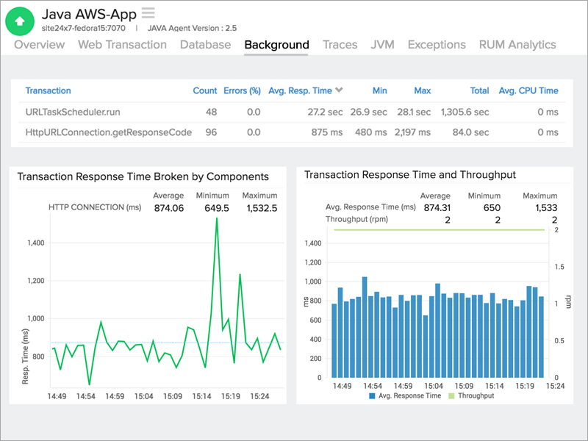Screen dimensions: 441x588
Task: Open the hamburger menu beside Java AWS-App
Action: pyautogui.click(x=148, y=12)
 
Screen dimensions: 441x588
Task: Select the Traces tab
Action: pyautogui.click(x=340, y=45)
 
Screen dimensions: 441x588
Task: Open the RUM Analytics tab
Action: pyautogui.click(x=517, y=45)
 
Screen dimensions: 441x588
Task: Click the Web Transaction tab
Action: pyautogui.click(x=122, y=45)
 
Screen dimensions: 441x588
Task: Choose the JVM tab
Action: pyautogui.click(x=382, y=45)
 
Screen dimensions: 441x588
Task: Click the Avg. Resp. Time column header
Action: pyautogui.click(x=300, y=91)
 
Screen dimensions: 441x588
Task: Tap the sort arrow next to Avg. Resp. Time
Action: pyautogui.click(x=339, y=91)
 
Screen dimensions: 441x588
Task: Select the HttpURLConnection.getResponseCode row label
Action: pyautogui.click(x=109, y=132)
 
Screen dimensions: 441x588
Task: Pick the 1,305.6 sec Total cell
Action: pyautogui.click(x=465, y=112)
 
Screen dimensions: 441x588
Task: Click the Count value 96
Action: pyautogui.click(x=211, y=132)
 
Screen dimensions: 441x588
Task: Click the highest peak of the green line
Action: pyautogui.click(x=217, y=218)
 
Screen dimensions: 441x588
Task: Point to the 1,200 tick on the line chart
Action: pyautogui.click(x=35, y=281)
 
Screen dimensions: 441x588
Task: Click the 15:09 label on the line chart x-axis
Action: pyautogui.click(x=173, y=396)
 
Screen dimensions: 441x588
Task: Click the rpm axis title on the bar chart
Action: pyautogui.click(x=567, y=302)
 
